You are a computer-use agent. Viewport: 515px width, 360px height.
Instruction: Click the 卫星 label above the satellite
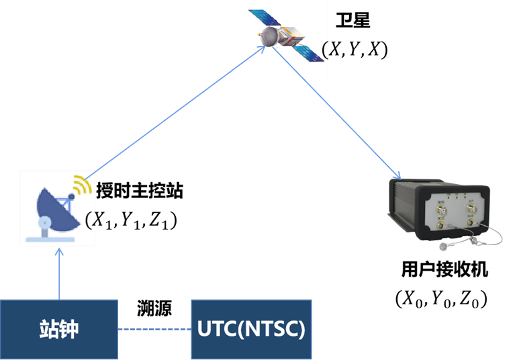[x=353, y=20]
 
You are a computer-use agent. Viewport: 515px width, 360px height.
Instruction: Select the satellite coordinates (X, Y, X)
[x=355, y=50]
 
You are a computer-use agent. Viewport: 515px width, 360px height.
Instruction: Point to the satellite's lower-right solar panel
[x=308, y=52]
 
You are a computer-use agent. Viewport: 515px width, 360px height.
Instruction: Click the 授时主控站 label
[x=140, y=191]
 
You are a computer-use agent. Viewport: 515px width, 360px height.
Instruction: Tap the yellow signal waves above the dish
[x=82, y=185]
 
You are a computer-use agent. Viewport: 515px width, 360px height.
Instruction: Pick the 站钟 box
[x=59, y=329]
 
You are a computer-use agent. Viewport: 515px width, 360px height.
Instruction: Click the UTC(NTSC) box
[x=251, y=329]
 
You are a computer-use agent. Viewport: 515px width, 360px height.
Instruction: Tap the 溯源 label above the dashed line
[x=154, y=308]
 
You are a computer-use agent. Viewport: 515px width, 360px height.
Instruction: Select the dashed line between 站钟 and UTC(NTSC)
[x=154, y=329]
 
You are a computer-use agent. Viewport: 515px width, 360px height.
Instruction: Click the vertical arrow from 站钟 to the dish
[x=59, y=274]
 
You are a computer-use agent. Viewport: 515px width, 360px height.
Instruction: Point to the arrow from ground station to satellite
[x=175, y=113]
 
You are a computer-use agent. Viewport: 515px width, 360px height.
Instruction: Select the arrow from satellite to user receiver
[x=336, y=113]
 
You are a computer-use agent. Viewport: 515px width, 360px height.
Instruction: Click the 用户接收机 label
[x=444, y=270]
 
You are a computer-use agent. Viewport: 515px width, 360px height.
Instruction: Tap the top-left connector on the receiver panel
[x=441, y=209]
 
